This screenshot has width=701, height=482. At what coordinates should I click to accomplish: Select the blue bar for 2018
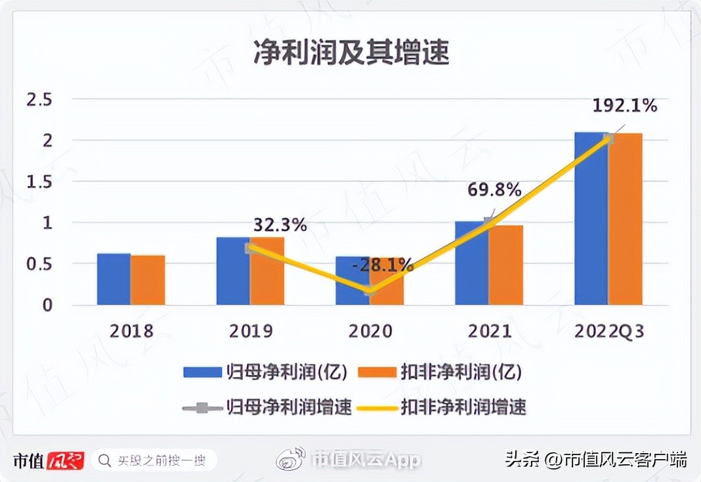114,279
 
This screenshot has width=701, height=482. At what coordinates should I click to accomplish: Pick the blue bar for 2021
472,263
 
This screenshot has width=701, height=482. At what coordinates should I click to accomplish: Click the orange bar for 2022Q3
626,219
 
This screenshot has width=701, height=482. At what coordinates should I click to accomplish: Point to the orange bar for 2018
148,280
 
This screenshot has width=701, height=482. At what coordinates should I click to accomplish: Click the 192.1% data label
624,105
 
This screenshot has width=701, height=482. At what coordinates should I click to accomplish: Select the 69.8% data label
494,190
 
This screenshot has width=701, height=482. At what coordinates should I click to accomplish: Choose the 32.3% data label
280,226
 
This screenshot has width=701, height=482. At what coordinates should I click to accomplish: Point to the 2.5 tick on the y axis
39,100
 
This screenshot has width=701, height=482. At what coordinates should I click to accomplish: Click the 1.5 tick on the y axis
39,182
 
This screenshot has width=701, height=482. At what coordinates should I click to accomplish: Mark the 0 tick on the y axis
47,305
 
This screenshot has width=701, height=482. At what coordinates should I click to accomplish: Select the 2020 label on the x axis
370,332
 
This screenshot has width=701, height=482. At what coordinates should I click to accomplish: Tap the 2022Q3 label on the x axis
608,332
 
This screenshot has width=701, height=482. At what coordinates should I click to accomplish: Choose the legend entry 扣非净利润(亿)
440,372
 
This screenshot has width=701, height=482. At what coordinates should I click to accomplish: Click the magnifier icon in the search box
104,460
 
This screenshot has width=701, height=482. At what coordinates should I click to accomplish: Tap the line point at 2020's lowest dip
370,290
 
